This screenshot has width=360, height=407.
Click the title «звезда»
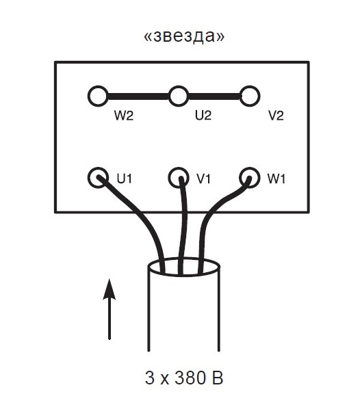184,36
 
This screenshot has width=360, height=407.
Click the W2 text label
124,115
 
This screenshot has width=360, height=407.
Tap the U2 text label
203,115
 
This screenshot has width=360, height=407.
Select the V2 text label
276,115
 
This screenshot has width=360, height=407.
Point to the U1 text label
125,179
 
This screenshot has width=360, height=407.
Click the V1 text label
203,179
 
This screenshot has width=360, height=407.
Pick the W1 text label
277,179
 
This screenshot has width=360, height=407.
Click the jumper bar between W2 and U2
138,96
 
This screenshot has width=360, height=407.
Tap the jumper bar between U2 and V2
214,96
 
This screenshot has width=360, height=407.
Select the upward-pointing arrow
110,309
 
